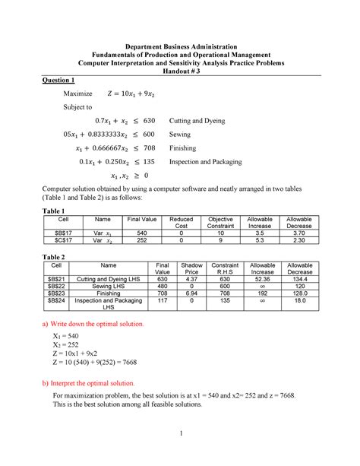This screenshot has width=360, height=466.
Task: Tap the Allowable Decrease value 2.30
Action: pos(300,242)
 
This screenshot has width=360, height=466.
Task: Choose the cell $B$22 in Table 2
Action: pos(52,287)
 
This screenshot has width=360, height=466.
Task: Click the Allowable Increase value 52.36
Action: pos(263,279)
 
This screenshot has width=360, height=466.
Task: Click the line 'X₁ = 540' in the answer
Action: pos(68,334)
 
